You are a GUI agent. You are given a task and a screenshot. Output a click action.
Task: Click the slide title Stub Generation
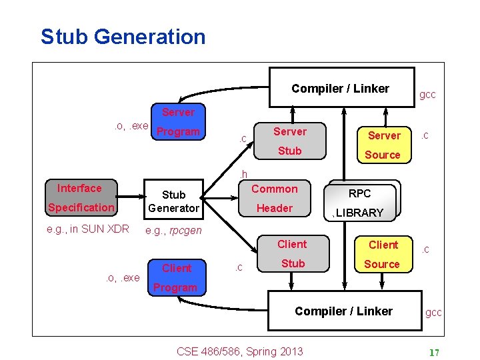coord(123,36)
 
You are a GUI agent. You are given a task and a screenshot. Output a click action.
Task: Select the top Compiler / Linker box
coord(340,87)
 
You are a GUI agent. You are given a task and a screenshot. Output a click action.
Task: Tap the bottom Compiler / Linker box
coord(344,311)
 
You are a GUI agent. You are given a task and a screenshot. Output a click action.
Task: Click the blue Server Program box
coord(177,122)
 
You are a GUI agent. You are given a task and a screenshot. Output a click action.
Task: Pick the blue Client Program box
coord(176,277)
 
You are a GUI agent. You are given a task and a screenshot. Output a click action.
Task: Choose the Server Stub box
coord(289,141)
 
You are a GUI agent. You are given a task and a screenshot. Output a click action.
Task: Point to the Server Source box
coord(383,145)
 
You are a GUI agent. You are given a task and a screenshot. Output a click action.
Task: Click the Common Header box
coord(274,198)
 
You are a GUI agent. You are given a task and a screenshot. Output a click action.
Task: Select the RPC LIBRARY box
coord(361,202)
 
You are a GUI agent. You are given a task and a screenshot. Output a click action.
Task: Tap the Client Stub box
coord(292,254)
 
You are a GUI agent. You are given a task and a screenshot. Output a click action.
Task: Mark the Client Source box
coord(382,254)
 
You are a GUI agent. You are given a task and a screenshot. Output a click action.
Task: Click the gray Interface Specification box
coord(81,198)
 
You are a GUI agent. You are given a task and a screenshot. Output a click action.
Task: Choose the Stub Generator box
coord(173,201)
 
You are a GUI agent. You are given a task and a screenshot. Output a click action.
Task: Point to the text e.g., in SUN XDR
coord(87,229)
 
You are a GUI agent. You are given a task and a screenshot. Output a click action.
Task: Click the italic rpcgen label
coord(186,231)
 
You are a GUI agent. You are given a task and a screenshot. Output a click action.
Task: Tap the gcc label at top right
coord(427,95)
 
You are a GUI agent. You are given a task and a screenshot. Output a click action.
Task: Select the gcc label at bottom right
coord(434,313)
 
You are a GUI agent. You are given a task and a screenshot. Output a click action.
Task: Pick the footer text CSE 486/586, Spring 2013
coord(239,351)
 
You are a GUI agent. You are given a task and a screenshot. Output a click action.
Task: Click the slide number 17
coord(433,353)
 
